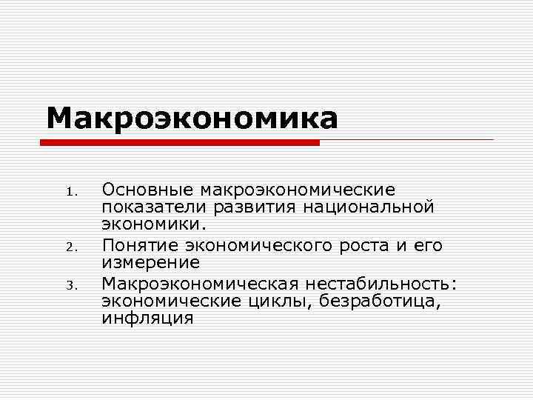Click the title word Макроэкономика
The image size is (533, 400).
(192, 118)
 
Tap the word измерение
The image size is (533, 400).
(151, 262)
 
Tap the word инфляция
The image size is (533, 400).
(147, 318)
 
